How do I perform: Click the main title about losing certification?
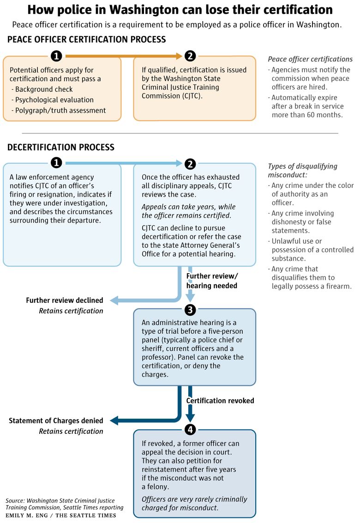(180, 10)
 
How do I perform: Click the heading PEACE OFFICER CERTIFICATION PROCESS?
(86, 39)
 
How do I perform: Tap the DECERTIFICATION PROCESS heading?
(61, 147)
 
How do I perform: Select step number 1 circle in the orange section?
(56, 56)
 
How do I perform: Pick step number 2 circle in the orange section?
(190, 56)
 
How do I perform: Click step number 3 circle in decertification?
(190, 310)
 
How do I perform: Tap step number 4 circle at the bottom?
(190, 429)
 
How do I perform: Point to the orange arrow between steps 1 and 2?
(124, 56)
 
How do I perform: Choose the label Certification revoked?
(220, 401)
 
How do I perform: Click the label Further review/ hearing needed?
(212, 281)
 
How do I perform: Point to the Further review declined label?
(65, 300)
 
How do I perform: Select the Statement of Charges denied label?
(56, 421)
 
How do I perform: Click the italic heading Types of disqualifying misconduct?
(303, 170)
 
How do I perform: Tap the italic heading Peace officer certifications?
(310, 59)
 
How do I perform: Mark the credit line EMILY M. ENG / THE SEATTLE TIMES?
(61, 515)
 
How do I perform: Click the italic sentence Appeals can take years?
(188, 211)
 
